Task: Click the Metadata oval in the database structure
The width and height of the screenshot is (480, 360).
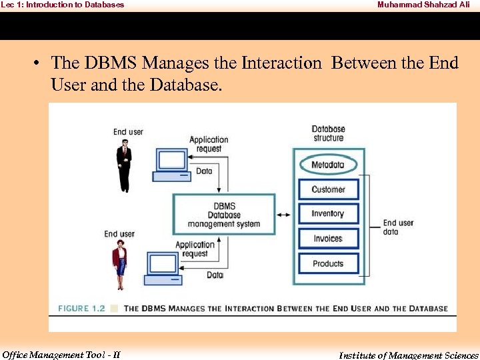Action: pos(328,165)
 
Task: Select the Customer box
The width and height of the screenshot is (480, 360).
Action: pos(328,189)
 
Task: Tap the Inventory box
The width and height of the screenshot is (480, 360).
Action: pos(328,214)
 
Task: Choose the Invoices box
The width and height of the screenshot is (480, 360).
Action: pos(328,239)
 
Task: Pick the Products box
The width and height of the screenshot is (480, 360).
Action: pos(328,263)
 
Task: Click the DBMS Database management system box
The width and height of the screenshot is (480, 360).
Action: pos(224,215)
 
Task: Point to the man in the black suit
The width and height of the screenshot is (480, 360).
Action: pos(123,160)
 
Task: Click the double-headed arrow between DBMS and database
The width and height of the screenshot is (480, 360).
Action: pos(284,215)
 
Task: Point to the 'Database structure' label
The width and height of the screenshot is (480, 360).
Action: pos(328,133)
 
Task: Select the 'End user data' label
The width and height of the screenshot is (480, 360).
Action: pos(398,227)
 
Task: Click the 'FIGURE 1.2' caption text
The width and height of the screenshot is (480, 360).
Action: pos(82,309)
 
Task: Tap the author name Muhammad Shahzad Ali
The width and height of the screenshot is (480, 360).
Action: pos(423,5)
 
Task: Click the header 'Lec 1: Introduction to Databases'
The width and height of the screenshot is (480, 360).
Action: pos(62,5)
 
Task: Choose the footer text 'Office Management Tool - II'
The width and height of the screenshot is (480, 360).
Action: pos(61,355)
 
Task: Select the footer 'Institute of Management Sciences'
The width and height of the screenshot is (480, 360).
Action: pos(408,355)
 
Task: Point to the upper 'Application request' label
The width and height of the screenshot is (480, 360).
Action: pos(209,144)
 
